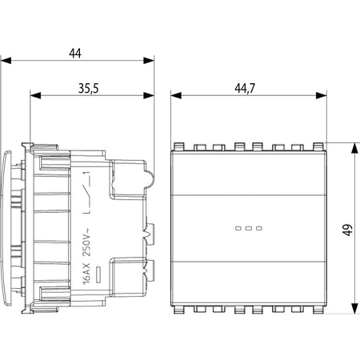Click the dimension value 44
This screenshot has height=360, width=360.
pyautogui.click(x=75, y=54)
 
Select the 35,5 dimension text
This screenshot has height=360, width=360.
pyautogui.click(x=89, y=89)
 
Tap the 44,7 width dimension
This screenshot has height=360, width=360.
pyautogui.click(x=245, y=89)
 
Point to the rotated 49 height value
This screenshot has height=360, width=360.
pyautogui.click(x=348, y=230)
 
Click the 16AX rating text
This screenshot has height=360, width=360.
pyautogui.click(x=86, y=274)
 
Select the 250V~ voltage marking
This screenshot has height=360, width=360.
pyautogui.click(x=87, y=242)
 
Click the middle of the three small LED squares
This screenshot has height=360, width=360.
pyautogui.click(x=249, y=228)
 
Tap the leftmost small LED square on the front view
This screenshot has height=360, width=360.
pyautogui.click(x=238, y=228)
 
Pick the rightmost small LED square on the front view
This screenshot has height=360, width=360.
pyautogui.click(x=259, y=228)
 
